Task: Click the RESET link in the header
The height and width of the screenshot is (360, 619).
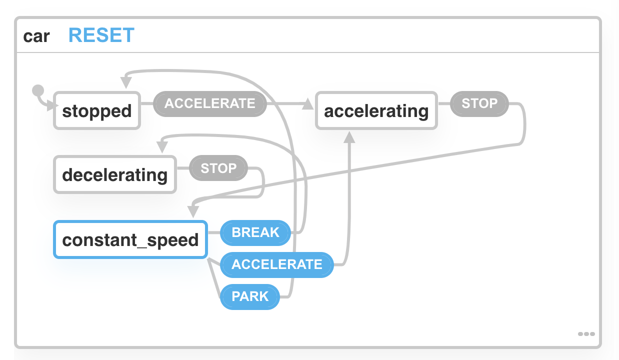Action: [x=101, y=35]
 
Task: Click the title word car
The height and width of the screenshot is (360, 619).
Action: [x=36, y=36]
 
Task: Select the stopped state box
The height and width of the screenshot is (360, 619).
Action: [x=97, y=110]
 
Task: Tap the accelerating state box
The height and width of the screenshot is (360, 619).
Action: [x=376, y=110]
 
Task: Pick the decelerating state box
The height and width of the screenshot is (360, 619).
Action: [x=115, y=174]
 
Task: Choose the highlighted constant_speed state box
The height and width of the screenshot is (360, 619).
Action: [x=130, y=239]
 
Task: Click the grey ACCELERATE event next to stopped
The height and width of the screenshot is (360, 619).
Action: [x=209, y=103]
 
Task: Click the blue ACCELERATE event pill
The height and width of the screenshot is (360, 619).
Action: [x=276, y=264]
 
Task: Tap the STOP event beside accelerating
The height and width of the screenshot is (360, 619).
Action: [x=479, y=103]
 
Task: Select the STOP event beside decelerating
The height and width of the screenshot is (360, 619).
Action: [x=218, y=168]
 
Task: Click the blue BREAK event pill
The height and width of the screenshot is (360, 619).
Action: [x=255, y=232]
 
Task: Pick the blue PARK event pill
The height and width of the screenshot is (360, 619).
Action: [x=250, y=296]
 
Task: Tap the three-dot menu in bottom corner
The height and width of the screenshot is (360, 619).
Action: [x=586, y=333]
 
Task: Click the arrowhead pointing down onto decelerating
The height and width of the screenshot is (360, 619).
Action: [x=161, y=147]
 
